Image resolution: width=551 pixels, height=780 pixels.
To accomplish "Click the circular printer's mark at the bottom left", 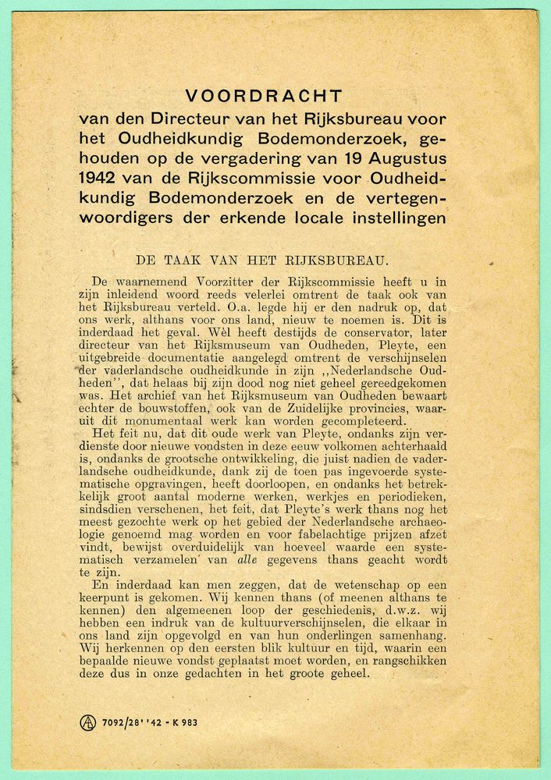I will tap(88, 722).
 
